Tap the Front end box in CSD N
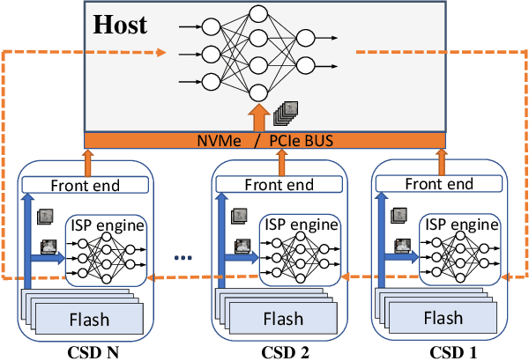86,186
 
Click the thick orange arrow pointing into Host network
257,118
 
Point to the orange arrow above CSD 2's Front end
282,162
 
